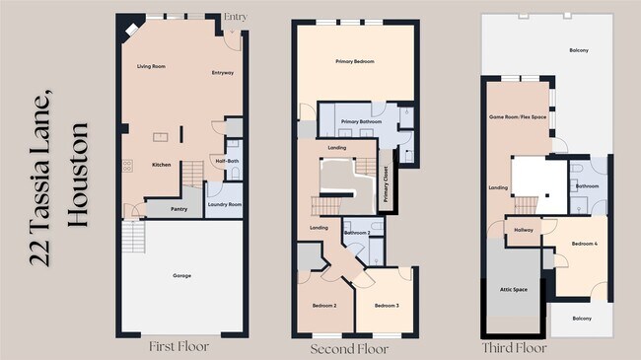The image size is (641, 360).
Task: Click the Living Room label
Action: (150, 66)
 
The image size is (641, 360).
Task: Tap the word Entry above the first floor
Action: (236, 17)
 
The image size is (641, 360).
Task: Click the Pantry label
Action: (178, 209)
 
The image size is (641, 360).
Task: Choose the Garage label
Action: (182, 274)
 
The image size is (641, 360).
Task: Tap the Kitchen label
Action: (163, 165)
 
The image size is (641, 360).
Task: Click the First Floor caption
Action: (178, 346)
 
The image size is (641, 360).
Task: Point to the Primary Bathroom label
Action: (359, 122)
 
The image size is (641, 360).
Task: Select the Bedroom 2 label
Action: (324, 306)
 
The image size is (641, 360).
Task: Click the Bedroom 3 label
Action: (386, 306)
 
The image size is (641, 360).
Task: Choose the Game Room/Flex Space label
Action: (517, 117)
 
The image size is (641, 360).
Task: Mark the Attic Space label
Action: (513, 289)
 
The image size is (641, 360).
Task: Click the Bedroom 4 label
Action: (586, 244)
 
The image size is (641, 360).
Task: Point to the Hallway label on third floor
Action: (523, 230)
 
